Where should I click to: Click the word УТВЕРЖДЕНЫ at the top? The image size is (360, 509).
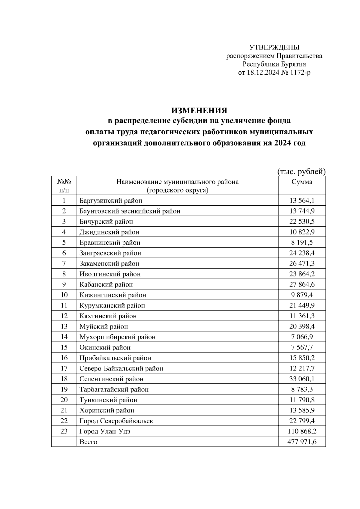(x=274, y=47)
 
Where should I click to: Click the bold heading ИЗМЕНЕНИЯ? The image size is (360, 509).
(x=199, y=111)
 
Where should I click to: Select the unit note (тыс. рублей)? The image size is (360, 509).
(x=301, y=171)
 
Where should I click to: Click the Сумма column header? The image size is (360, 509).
(x=302, y=182)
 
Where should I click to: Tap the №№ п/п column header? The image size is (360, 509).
(x=64, y=186)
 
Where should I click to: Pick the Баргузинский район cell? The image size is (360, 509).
(x=111, y=201)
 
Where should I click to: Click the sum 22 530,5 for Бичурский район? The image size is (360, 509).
(x=302, y=222)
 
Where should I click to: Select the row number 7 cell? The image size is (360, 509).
(x=64, y=263)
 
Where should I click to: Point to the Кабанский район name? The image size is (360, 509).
(x=106, y=284)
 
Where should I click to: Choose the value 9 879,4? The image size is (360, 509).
(x=302, y=295)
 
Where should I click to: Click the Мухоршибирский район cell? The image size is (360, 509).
(x=118, y=337)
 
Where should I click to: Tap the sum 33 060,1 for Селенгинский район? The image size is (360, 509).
(x=302, y=379)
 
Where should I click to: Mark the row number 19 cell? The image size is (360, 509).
(x=64, y=389)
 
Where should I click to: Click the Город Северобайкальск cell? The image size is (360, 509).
(x=116, y=421)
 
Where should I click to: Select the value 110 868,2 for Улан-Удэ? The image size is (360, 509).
(x=302, y=431)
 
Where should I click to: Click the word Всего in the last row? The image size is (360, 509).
(x=88, y=442)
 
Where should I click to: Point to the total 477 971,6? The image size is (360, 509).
(x=302, y=442)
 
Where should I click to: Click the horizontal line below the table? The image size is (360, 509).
(x=188, y=464)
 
